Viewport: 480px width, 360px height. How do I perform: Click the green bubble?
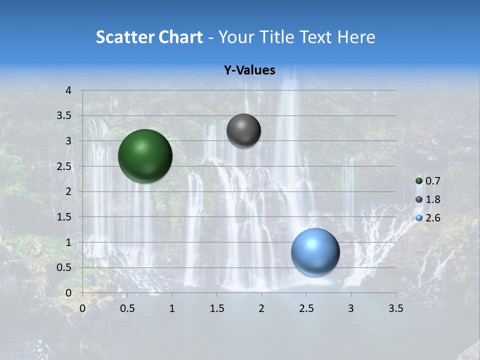click(x=145, y=156)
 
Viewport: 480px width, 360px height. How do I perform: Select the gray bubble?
click(x=243, y=130)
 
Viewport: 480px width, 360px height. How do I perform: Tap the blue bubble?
click(x=315, y=252)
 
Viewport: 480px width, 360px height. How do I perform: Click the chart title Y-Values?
click(x=249, y=70)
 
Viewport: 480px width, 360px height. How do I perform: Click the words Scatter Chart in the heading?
click(x=149, y=37)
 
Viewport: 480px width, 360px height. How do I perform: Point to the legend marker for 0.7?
click(x=419, y=181)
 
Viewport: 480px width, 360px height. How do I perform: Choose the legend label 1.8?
click(x=433, y=199)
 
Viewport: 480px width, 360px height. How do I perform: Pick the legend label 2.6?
click(x=433, y=218)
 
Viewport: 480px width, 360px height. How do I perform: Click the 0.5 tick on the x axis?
click(x=127, y=308)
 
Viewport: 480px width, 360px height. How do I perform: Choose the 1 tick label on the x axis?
click(x=172, y=308)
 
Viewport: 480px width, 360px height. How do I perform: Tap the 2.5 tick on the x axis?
click(x=306, y=308)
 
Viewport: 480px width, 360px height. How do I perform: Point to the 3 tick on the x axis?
click(x=351, y=308)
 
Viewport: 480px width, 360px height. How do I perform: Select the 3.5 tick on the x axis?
click(x=395, y=308)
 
